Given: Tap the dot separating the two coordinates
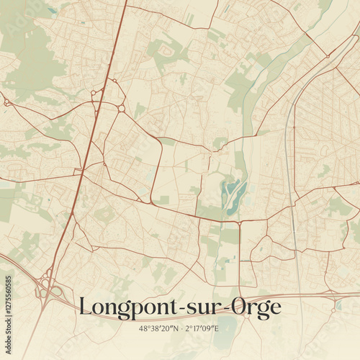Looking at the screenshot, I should click(181, 328).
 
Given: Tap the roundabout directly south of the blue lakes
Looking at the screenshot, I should click(240, 220).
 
